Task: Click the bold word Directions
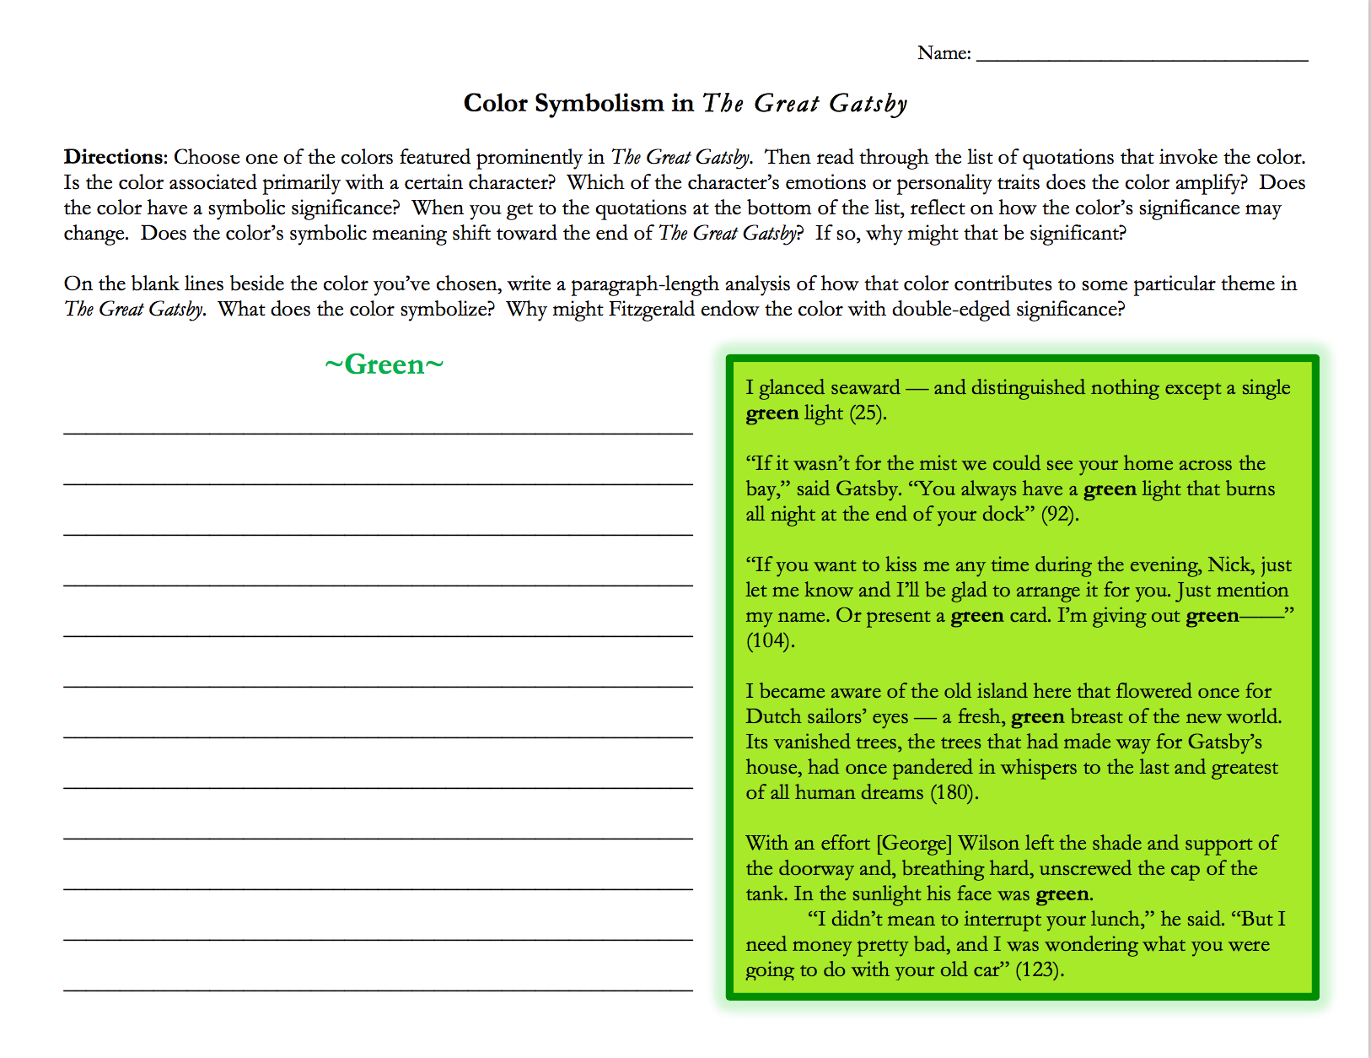pyautogui.click(x=116, y=157)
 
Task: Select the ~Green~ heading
pyautogui.click(x=384, y=364)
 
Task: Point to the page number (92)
pyautogui.click(x=1059, y=515)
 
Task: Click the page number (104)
pyautogui.click(x=770, y=641)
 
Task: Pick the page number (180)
pyautogui.click(x=954, y=793)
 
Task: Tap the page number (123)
pyautogui.click(x=1039, y=970)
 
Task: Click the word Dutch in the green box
pyautogui.click(x=772, y=717)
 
